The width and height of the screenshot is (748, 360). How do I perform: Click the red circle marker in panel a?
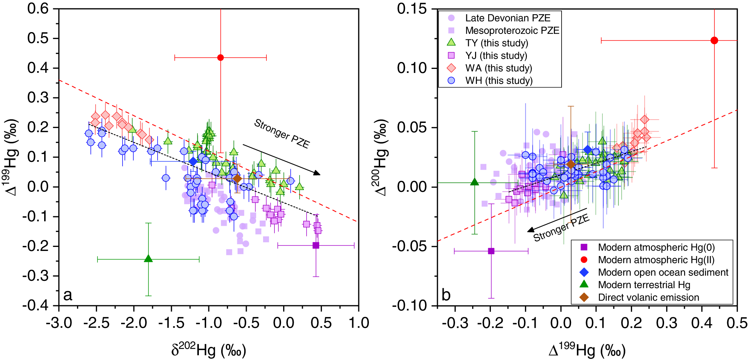coord(220,58)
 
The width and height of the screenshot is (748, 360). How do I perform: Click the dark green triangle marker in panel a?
coord(148,259)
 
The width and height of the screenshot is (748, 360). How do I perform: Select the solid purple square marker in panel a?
coord(316,245)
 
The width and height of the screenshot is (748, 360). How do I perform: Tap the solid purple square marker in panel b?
coord(491,251)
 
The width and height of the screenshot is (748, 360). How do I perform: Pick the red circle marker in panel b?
coord(714,40)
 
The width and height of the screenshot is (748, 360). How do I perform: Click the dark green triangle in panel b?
coord(474,182)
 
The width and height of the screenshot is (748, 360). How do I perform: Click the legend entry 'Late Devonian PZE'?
coord(507,18)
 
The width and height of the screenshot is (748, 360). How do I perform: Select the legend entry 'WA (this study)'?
coord(498,68)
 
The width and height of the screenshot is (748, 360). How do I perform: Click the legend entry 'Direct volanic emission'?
coord(648,297)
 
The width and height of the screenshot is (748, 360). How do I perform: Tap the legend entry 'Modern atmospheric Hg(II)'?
coord(656,260)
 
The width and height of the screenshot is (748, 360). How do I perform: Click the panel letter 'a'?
coord(68,295)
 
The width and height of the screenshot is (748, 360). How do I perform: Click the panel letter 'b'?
coord(446,295)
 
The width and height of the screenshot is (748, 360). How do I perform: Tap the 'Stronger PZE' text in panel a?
coord(282,134)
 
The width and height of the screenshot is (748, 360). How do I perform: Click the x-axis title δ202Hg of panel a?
coord(209,350)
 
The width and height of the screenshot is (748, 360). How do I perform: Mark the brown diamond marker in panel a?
coord(237,179)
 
